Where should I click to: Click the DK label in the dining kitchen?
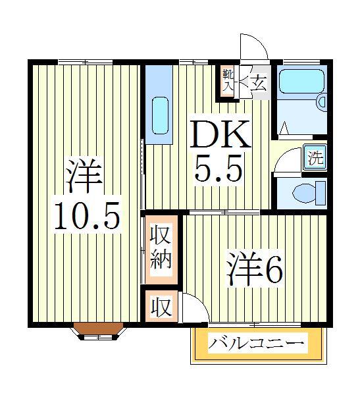(x=220, y=134)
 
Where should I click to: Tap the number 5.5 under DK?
(x=219, y=171)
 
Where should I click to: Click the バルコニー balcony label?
(x=258, y=344)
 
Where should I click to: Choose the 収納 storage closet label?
(x=160, y=248)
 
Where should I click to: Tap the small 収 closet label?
(x=160, y=307)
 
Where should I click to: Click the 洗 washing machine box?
(x=315, y=158)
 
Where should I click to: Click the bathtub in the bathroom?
(x=299, y=82)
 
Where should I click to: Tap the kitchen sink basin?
(x=160, y=116)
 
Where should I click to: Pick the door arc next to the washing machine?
(x=288, y=161)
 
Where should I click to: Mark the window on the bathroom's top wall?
(x=301, y=61)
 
